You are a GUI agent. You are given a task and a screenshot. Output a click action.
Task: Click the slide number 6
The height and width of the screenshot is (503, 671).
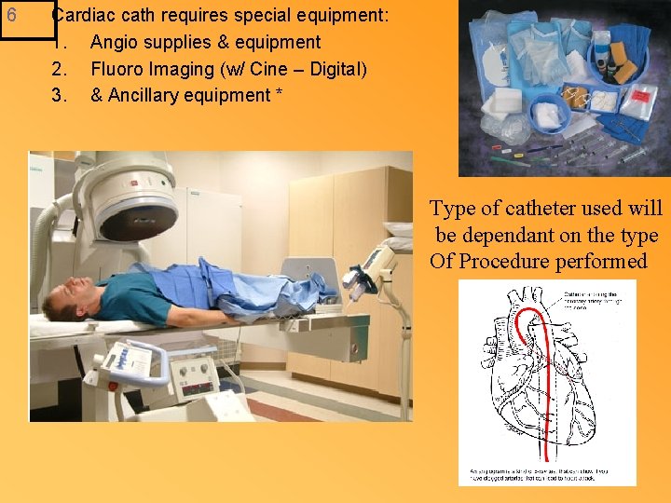point(12,16)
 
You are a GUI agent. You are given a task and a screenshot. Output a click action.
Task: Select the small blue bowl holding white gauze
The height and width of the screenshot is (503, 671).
point(550,114)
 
